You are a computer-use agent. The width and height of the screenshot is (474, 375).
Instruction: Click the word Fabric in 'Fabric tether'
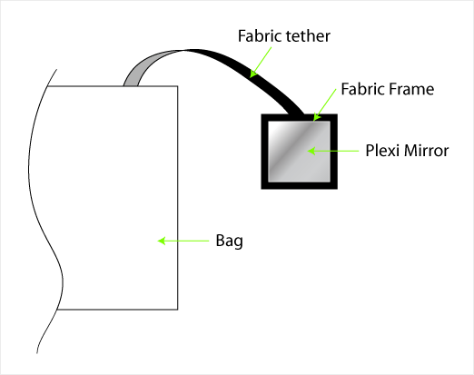[x=260, y=36]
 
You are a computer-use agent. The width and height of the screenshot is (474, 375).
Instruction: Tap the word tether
[x=308, y=36]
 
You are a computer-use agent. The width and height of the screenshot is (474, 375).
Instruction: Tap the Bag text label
[x=230, y=242]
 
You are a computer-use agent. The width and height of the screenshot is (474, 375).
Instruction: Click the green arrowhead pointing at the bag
[x=162, y=241]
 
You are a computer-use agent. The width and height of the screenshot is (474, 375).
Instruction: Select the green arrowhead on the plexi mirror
[x=311, y=151]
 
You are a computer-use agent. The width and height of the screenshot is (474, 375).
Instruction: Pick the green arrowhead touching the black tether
[x=253, y=74]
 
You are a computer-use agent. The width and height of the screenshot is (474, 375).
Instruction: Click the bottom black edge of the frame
[x=300, y=185]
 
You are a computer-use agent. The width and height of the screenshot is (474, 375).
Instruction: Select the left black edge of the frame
[x=265, y=152]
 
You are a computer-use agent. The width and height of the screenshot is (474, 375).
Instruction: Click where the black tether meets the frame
[x=296, y=114]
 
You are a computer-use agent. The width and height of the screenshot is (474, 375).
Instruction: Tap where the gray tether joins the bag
[x=130, y=86]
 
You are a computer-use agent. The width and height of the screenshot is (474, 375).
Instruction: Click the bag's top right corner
[x=178, y=86]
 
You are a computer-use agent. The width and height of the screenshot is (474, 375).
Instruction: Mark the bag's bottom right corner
[x=178, y=310]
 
